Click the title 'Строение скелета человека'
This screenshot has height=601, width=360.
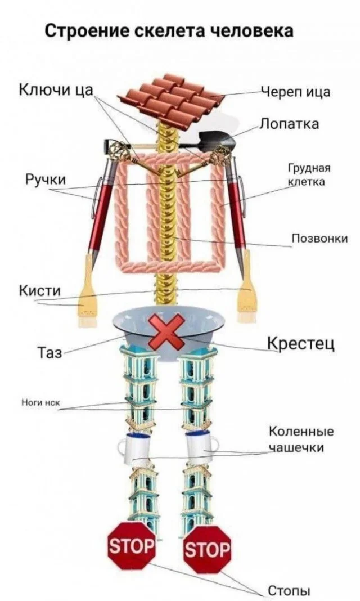pyautogui.click(x=168, y=30)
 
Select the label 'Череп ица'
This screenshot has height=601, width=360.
pyautogui.click(x=295, y=92)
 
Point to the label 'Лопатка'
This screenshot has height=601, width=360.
pyautogui.click(x=290, y=124)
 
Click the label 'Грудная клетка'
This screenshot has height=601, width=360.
pyautogui.click(x=309, y=174)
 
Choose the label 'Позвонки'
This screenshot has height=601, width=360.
pyautogui.click(x=318, y=239)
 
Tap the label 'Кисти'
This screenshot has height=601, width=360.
pyautogui.click(x=40, y=290)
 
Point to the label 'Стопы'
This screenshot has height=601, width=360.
pyautogui.click(x=289, y=590)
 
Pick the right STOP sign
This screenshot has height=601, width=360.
pyautogui.click(x=207, y=549)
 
